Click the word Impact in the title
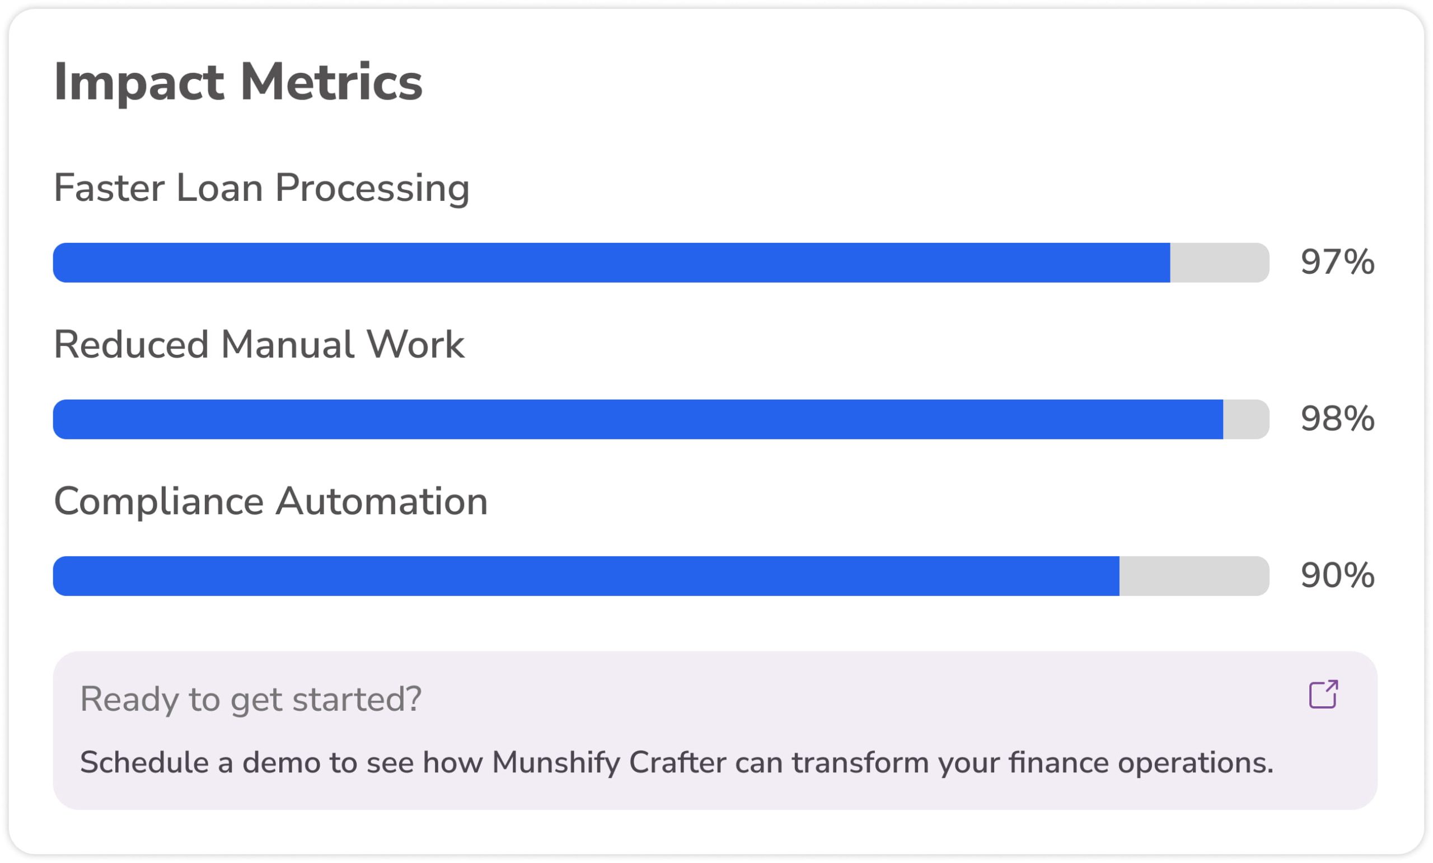click(x=139, y=83)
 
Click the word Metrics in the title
click(x=331, y=82)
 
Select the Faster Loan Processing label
click(x=262, y=189)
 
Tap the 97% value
click(x=1338, y=262)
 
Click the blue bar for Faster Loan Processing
click(x=611, y=263)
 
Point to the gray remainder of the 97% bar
click(x=1220, y=263)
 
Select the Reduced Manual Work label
click(x=259, y=345)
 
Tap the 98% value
click(x=1338, y=419)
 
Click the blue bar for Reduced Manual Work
click(x=638, y=419)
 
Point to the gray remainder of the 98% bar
click(x=1246, y=419)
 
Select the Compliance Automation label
click(x=270, y=502)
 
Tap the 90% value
click(x=1338, y=576)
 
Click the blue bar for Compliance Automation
click(x=586, y=576)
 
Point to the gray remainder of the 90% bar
click(x=1195, y=576)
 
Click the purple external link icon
click(x=1324, y=695)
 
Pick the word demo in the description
click(x=282, y=763)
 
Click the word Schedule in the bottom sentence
click(x=144, y=763)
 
